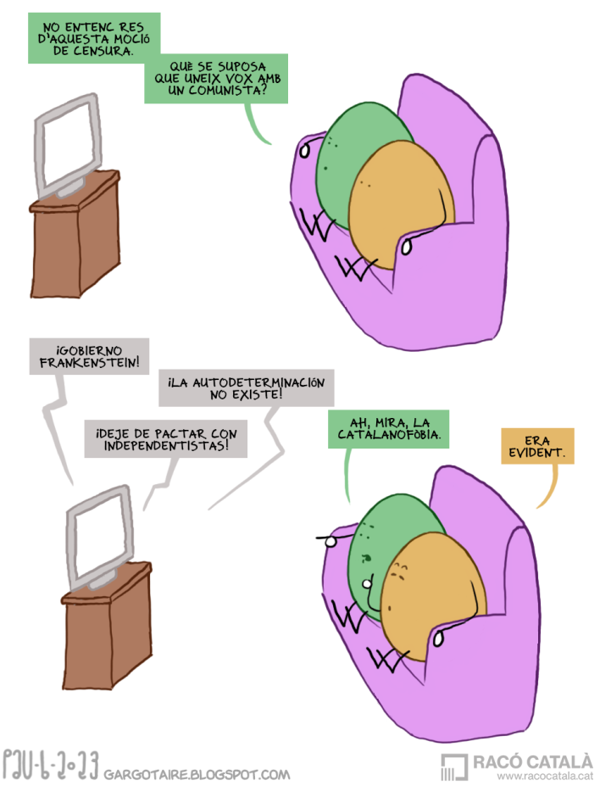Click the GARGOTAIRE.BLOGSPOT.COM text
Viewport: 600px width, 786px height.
[x=197, y=774]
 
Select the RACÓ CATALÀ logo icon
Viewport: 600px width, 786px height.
[x=454, y=767]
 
